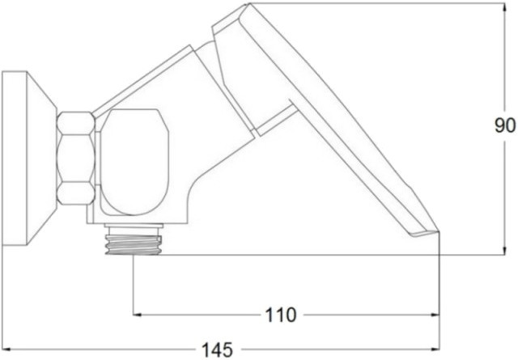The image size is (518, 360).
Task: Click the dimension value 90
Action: (505, 125)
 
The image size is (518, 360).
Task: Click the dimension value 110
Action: (281, 315)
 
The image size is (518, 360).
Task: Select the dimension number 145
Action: (217, 349)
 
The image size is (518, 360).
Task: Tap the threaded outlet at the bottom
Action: (133, 245)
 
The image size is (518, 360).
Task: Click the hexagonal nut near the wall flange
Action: (76, 159)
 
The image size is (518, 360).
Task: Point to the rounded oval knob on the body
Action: (134, 162)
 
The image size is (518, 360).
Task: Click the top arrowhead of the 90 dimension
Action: (504, 8)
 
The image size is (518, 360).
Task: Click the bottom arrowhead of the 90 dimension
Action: (504, 250)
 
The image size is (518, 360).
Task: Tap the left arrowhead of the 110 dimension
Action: (138, 315)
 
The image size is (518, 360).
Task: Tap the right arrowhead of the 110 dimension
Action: (435, 315)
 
